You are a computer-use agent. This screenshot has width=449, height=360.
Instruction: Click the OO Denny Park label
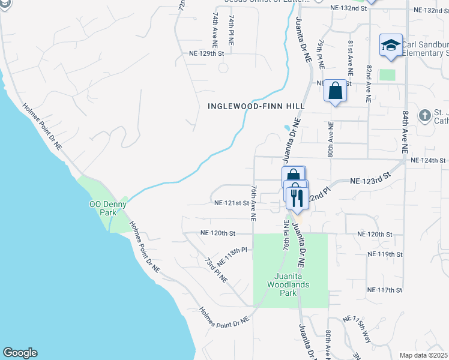click(x=102, y=208)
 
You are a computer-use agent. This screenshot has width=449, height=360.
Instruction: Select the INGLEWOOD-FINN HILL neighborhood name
click(x=256, y=106)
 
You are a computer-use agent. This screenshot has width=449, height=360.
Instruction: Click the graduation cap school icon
click(x=391, y=45)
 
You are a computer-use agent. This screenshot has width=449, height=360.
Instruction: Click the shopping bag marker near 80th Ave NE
click(x=336, y=91)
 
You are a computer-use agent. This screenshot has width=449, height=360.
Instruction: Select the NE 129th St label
click(x=203, y=53)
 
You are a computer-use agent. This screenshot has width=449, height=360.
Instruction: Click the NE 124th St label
click(x=428, y=160)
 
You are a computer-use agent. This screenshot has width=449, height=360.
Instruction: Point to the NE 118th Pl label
click(x=232, y=256)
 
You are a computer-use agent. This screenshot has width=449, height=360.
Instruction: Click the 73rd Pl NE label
click(x=216, y=270)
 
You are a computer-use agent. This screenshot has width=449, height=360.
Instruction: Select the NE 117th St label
click(x=385, y=290)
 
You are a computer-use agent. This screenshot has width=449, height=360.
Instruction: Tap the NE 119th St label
click(x=385, y=254)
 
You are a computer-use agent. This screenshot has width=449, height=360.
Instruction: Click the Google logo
click(x=20, y=353)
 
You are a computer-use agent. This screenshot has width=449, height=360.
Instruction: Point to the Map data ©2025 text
click(x=424, y=355)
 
